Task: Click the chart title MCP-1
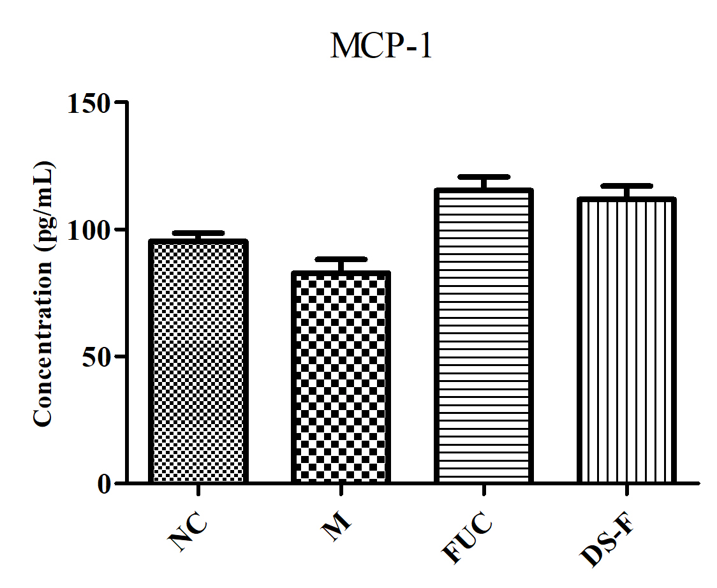pos(381,46)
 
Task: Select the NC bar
pos(198,361)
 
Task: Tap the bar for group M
pos(341,377)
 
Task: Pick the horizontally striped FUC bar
pos(484,335)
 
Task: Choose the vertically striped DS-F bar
pos(626,340)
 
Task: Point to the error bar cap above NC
pos(198,233)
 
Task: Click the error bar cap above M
pos(341,260)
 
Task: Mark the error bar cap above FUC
pos(484,177)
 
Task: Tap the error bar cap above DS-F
pos(626,186)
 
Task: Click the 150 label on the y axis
pos(89,103)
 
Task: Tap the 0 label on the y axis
pos(104,484)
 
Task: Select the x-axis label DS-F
pos(607,541)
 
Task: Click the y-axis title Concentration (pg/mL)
pos(43,294)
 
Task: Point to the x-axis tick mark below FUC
pos(484,490)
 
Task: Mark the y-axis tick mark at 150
pos(121,101)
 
